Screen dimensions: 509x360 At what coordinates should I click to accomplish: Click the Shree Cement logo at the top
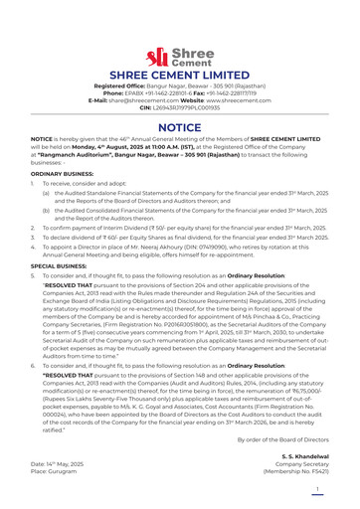[x=179, y=56]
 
